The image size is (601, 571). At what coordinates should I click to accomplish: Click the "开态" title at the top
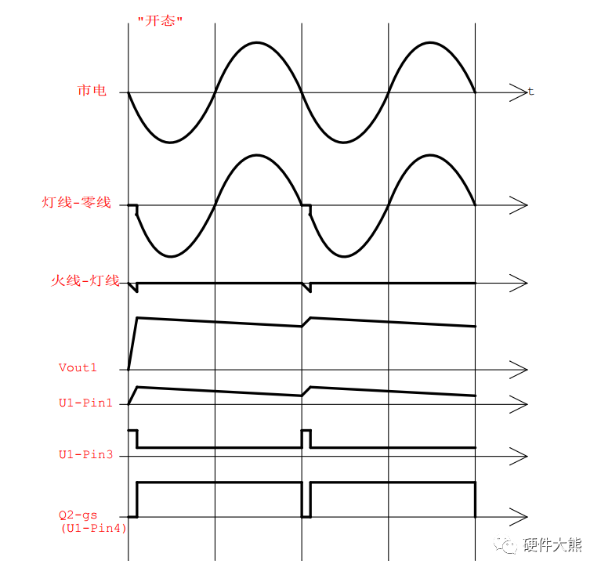click(x=160, y=20)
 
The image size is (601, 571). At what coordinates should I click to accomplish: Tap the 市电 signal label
click(x=92, y=92)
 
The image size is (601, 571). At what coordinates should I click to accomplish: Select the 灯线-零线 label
click(x=76, y=204)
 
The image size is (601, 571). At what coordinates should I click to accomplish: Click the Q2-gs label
click(x=78, y=515)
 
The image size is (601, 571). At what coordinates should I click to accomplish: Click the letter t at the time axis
click(x=530, y=92)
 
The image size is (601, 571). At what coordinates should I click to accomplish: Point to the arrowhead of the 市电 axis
click(x=518, y=93)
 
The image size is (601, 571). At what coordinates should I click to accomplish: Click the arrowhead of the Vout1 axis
click(x=518, y=369)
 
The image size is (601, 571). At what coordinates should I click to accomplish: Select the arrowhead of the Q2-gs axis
click(x=518, y=516)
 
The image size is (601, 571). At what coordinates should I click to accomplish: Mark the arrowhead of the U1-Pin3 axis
click(x=518, y=454)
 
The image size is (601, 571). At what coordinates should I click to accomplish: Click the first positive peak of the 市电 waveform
click(x=258, y=42)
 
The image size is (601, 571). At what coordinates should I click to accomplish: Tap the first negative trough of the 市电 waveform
click(x=171, y=143)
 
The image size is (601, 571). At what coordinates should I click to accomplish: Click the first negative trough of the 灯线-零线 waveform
click(x=171, y=256)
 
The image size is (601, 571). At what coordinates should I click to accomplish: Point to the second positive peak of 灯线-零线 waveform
click(x=432, y=155)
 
